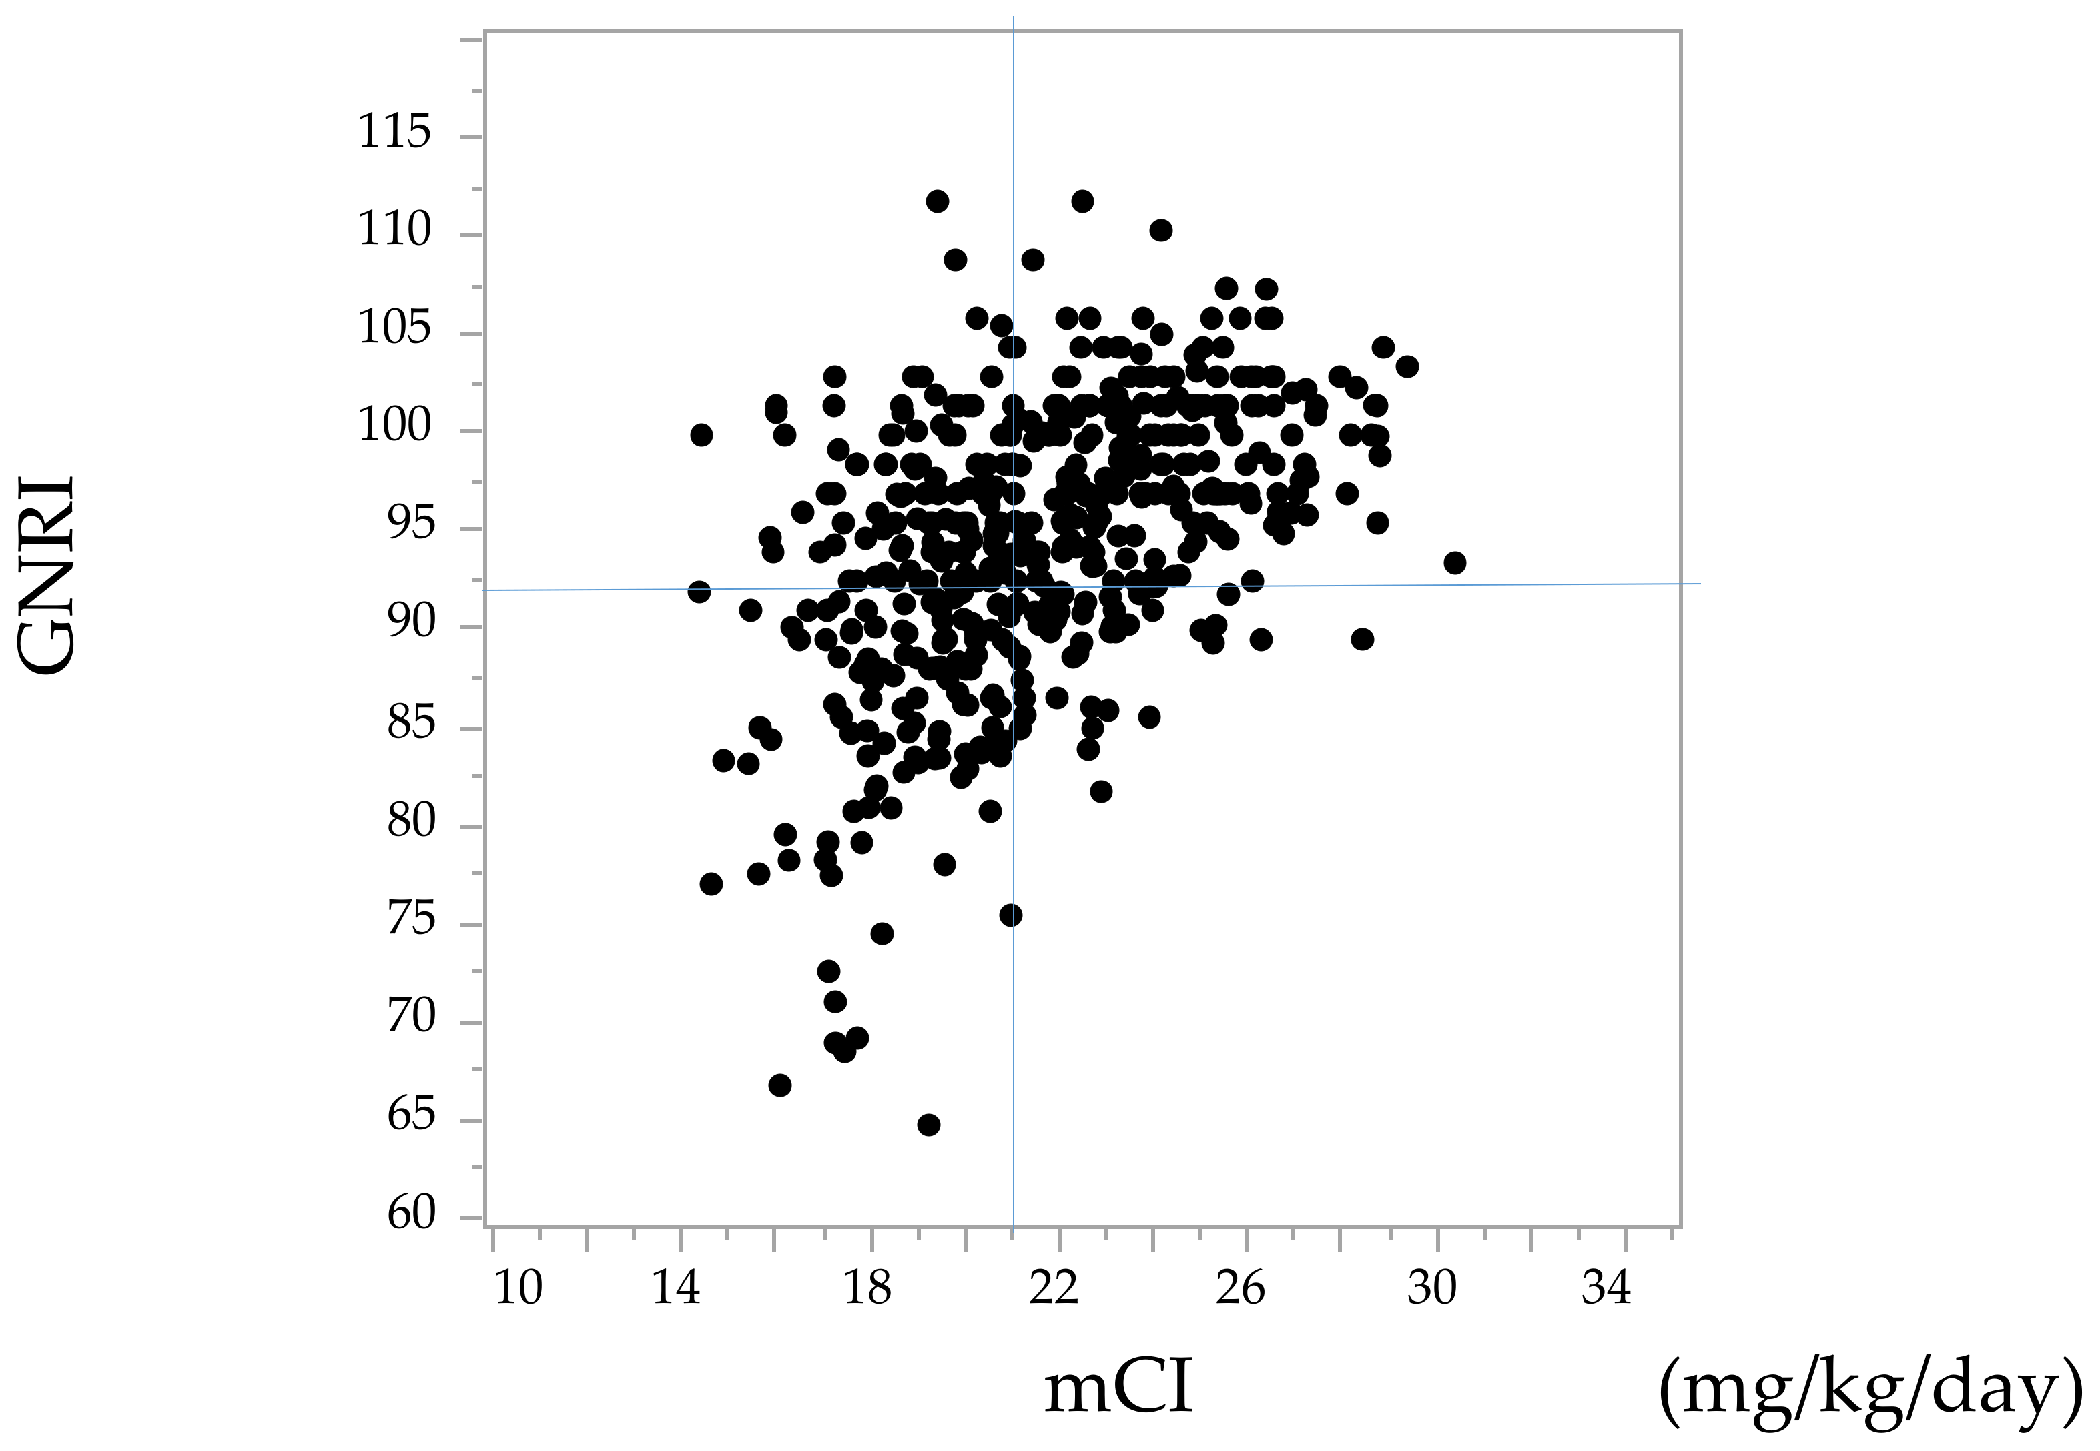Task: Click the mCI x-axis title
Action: [x=1118, y=1388]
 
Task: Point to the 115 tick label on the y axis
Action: [x=394, y=133]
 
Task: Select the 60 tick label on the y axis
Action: [x=411, y=1213]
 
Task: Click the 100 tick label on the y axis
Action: [x=394, y=426]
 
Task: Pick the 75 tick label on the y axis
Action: [x=411, y=920]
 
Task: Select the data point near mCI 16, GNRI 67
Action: [x=779, y=1085]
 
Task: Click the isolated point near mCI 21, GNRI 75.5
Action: [x=1010, y=915]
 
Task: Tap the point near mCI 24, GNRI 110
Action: [x=1160, y=230]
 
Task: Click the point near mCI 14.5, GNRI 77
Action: [x=711, y=883]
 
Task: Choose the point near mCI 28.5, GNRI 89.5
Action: [x=1361, y=639]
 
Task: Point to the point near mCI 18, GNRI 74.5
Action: [x=882, y=933]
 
